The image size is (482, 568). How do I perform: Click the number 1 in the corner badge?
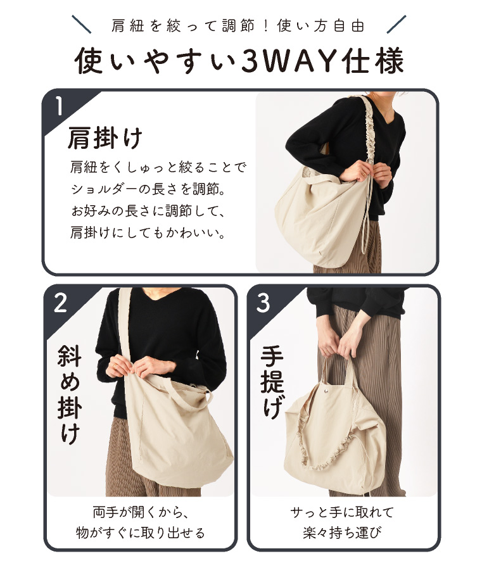pos(59,106)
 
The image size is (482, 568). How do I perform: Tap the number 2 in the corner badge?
pos(60,303)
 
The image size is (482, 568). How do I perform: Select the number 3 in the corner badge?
pos(263,303)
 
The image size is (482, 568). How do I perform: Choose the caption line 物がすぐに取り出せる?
pos(140,533)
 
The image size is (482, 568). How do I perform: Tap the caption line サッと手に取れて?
pos(342,512)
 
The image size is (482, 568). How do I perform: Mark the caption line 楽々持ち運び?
pos(342,533)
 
